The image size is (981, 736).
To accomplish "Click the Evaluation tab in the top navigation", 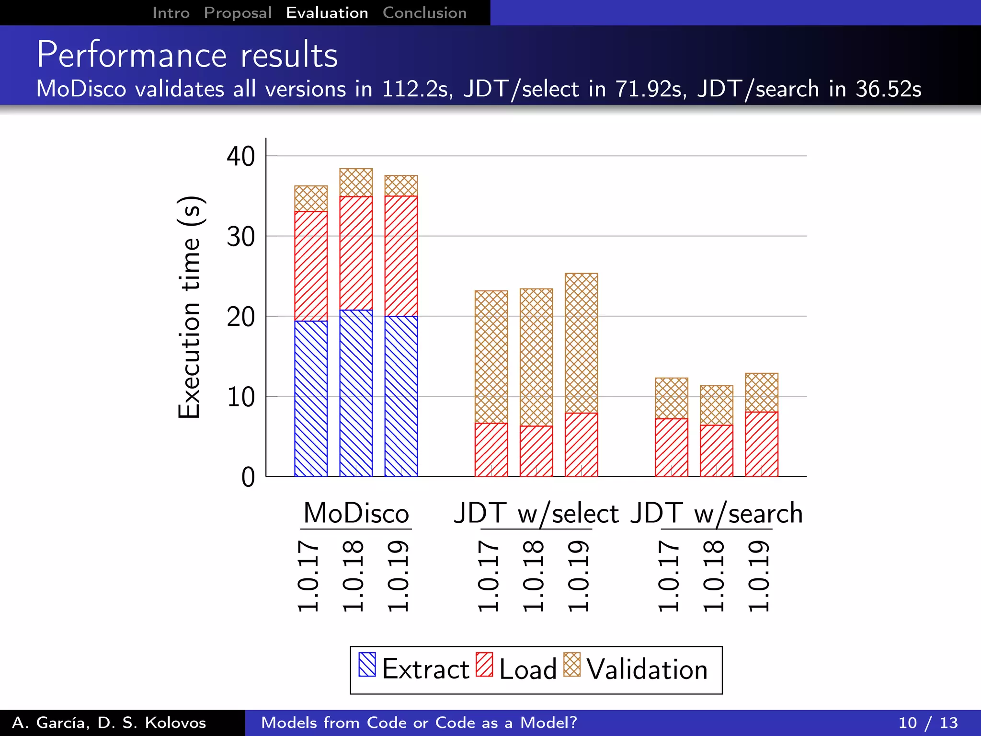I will pyautogui.click(x=327, y=13).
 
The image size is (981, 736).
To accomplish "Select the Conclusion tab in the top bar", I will pyautogui.click(x=424, y=13).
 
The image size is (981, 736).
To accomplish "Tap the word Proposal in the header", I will pyautogui.click(x=238, y=13).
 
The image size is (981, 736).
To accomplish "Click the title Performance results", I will pyautogui.click(x=187, y=55).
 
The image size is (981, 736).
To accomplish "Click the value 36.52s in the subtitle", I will pyautogui.click(x=888, y=89).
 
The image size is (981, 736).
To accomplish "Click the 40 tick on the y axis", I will pyautogui.click(x=240, y=157).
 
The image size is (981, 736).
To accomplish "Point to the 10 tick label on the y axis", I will pyautogui.click(x=240, y=397).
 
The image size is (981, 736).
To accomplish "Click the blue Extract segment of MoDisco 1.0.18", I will pyautogui.click(x=356, y=393).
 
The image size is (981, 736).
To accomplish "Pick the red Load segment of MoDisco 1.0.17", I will pyautogui.click(x=311, y=266).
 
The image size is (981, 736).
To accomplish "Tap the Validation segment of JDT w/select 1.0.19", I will pyautogui.click(x=581, y=343).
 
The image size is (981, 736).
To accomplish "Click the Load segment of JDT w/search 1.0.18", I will pyautogui.click(x=716, y=450).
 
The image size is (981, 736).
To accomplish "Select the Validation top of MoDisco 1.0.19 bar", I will pyautogui.click(x=401, y=185).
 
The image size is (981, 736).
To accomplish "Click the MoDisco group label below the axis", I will pyautogui.click(x=356, y=514).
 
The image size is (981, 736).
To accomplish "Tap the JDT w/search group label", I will pyautogui.click(x=716, y=514).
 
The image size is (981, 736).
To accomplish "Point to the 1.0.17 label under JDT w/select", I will pyautogui.click(x=489, y=576).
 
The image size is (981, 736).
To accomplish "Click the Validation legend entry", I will pyautogui.click(x=636, y=669).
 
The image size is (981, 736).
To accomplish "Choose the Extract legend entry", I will pyautogui.click(x=414, y=669).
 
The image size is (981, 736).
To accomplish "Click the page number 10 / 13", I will pyautogui.click(x=927, y=723).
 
